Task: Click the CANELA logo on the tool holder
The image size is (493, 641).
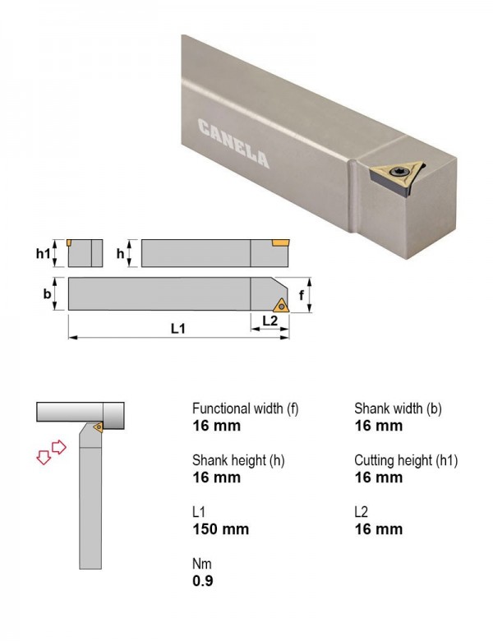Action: click(233, 143)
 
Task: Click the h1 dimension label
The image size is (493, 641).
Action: click(43, 254)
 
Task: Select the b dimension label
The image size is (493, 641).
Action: click(48, 294)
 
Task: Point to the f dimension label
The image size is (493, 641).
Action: click(302, 295)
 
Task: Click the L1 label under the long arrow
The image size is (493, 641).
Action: click(177, 328)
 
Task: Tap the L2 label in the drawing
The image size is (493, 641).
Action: click(270, 320)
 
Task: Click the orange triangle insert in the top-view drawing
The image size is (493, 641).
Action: click(281, 306)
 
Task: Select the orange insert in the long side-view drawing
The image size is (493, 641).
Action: click(280, 243)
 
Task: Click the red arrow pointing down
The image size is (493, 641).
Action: click(44, 457)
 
